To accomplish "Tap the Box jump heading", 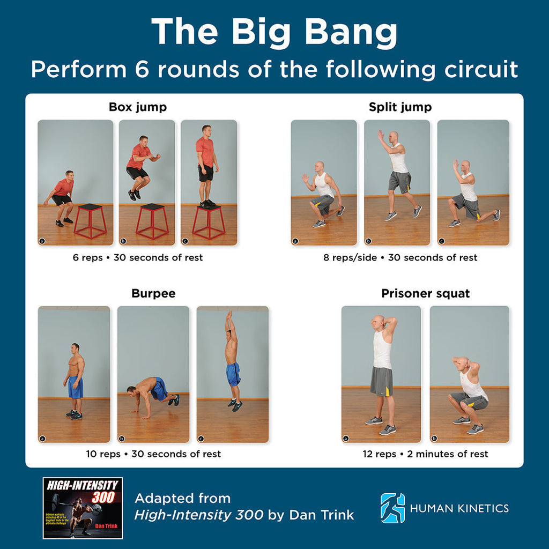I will pyautogui.click(x=138, y=107).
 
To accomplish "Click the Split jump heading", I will pyautogui.click(x=400, y=107).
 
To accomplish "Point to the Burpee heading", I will pyautogui.click(x=153, y=293).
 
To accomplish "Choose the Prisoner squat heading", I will pyautogui.click(x=425, y=293).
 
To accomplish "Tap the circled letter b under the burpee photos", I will pyautogui.click(x=122, y=438).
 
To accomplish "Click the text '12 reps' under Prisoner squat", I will pyautogui.click(x=379, y=454).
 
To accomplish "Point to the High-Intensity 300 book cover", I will pyautogui.click(x=83, y=508).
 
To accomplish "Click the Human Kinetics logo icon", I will pyautogui.click(x=392, y=508).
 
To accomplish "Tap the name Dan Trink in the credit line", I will pyautogui.click(x=322, y=515).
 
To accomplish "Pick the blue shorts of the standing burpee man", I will pyautogui.click(x=76, y=387).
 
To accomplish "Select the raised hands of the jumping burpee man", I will pyautogui.click(x=228, y=315).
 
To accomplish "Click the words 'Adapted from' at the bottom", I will pyautogui.click(x=182, y=498).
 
